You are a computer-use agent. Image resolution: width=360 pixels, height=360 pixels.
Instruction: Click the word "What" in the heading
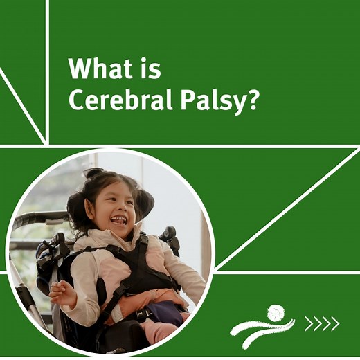[102, 70]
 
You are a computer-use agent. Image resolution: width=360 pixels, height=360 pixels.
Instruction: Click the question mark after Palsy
[253, 100]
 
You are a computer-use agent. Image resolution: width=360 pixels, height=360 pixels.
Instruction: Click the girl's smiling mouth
[120, 220]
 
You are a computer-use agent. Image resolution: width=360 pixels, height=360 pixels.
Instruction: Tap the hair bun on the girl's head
[94, 173]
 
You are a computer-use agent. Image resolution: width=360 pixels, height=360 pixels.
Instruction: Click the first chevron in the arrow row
[309, 323]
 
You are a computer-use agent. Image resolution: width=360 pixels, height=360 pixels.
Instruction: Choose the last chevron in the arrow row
[334, 323]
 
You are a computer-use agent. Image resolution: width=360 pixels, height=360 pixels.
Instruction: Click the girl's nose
[116, 207]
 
